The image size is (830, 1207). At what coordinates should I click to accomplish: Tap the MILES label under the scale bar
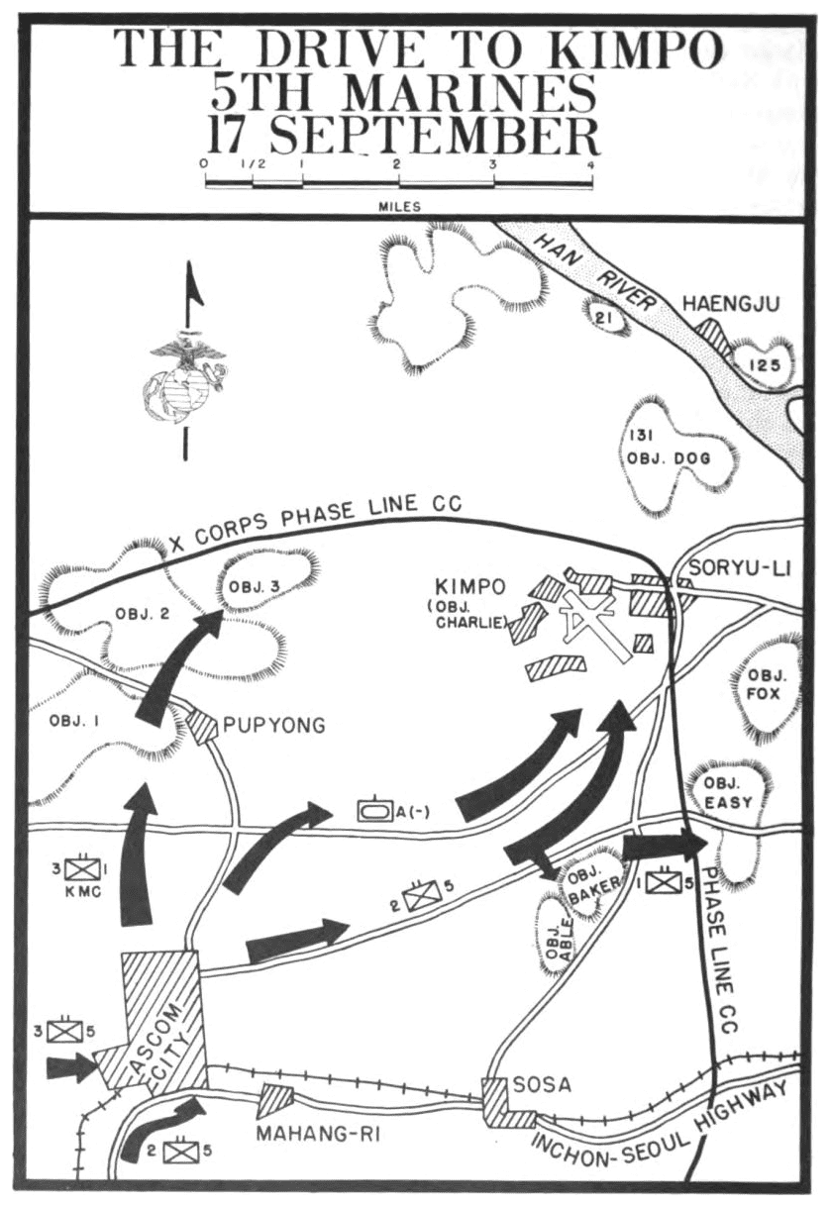point(398,207)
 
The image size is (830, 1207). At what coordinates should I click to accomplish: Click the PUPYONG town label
point(273,726)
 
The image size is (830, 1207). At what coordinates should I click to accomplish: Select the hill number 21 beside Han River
point(601,316)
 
